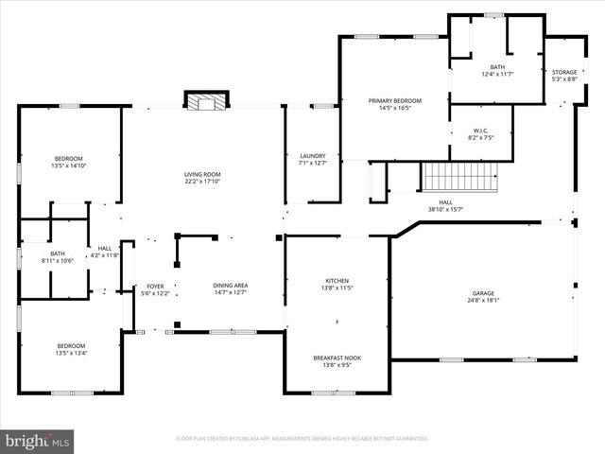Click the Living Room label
(202, 174)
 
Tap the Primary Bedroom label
(394, 100)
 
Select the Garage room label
(483, 293)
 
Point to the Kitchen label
(337, 281)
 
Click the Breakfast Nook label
(337, 358)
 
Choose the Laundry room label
(313, 156)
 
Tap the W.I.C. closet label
(480, 131)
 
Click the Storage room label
(564, 72)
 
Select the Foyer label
(155, 286)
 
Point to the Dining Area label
(231, 286)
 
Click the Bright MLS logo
(38, 440)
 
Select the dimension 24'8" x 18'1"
(483, 301)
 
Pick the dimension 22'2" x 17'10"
(202, 182)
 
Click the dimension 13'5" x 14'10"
(68, 166)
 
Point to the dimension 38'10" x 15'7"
(445, 209)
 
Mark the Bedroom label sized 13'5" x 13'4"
(70, 345)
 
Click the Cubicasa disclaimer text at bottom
(302, 439)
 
